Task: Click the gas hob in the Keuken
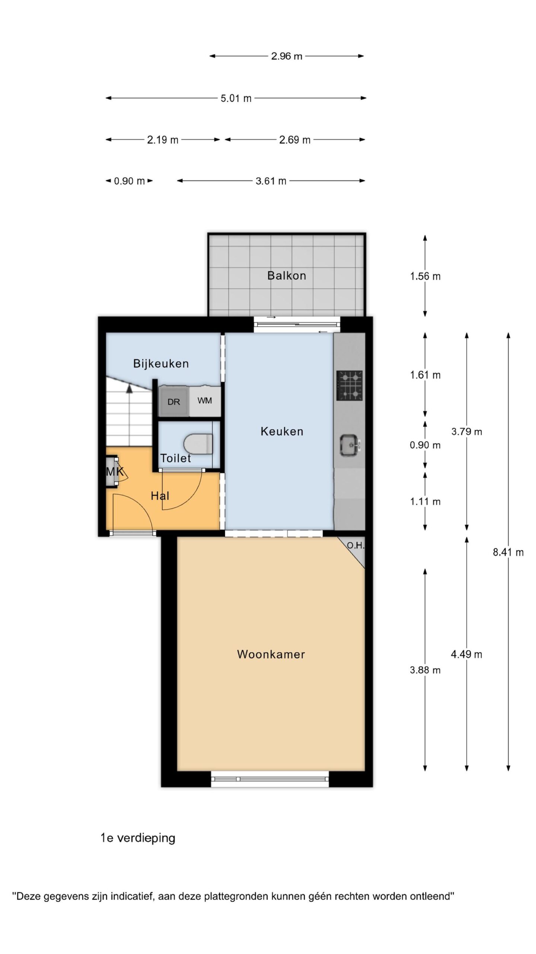[350, 385]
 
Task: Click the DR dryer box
[174, 402]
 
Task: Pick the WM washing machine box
[205, 401]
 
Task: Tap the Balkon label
[287, 275]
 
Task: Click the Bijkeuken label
[161, 363]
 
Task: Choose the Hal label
[160, 496]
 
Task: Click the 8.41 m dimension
[508, 552]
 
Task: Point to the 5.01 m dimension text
[236, 98]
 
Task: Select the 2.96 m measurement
[287, 56]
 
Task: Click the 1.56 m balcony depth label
[425, 276]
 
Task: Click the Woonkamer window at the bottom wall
[270, 779]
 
